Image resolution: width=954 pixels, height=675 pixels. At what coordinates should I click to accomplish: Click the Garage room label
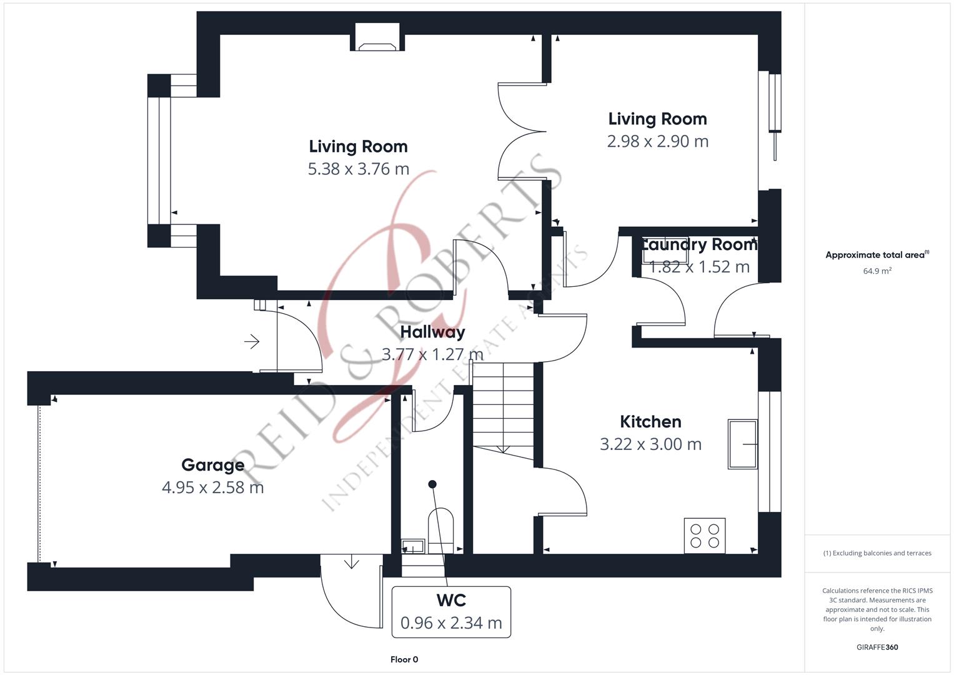pos(212,465)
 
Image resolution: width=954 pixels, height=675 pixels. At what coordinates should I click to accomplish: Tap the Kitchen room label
pos(650,422)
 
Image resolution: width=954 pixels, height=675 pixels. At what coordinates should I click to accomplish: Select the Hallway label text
pos(432,332)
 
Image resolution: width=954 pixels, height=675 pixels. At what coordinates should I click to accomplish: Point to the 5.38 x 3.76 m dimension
pos(358,169)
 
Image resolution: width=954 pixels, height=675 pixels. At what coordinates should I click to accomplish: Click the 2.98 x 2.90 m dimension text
pos(657,141)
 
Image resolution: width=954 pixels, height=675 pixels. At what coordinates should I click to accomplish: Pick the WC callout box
pos(451,612)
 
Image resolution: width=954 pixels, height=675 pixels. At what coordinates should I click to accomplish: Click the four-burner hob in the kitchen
pos(705,536)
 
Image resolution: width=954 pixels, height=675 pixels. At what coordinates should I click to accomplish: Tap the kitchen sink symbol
pos(742,444)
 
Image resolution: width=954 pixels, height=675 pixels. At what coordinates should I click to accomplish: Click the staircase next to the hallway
pos(503,409)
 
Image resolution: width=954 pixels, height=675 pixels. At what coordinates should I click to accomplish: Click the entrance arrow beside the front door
pos(252,342)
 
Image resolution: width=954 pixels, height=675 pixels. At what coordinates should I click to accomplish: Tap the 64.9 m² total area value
pos(877,271)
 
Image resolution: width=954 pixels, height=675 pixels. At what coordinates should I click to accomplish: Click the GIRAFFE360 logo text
pos(877,647)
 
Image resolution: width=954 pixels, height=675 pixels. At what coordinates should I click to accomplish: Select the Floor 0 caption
pos(404,659)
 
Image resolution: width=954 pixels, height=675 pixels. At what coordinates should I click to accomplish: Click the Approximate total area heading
pos(877,255)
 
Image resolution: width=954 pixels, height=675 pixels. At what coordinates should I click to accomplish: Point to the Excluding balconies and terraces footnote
pos(877,553)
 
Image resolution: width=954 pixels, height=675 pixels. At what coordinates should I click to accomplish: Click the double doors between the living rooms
pos(522,132)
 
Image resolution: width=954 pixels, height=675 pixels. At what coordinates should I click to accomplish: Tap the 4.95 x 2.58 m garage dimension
pos(212,487)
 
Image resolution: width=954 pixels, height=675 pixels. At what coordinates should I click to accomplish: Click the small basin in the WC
pos(413,547)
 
